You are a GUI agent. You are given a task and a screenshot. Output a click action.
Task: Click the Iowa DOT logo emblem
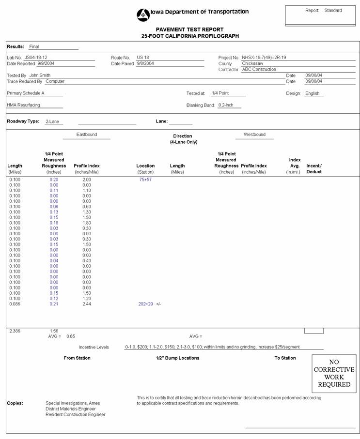(x=143, y=15)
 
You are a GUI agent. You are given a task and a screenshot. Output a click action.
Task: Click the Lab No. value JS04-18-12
(x=35, y=58)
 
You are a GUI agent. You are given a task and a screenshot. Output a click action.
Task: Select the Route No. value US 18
(x=142, y=58)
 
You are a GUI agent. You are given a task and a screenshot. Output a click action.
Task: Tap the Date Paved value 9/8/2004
(x=145, y=63)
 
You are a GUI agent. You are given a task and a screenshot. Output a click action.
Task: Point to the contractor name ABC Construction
(x=259, y=69)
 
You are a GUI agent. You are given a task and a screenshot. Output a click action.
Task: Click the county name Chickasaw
(x=252, y=63)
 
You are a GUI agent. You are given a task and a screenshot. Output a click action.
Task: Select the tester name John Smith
(x=40, y=76)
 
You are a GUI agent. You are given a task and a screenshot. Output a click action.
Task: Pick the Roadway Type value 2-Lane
(x=52, y=121)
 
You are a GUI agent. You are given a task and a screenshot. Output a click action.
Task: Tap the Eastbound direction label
(x=87, y=135)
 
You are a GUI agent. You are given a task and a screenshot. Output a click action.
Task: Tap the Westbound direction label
(x=254, y=135)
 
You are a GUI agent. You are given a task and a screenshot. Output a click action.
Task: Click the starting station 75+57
(x=145, y=180)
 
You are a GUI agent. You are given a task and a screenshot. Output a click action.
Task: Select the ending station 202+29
(x=146, y=304)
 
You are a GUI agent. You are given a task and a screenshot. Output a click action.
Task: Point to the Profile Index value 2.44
(x=86, y=304)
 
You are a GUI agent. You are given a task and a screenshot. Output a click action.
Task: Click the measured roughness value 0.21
(x=54, y=304)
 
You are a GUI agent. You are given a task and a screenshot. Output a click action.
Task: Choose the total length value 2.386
(x=15, y=331)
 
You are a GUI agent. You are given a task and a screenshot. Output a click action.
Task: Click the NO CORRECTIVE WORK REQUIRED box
(x=334, y=373)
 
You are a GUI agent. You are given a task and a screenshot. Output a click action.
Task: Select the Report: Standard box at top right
(x=320, y=15)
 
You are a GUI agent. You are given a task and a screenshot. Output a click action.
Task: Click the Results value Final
(x=34, y=46)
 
